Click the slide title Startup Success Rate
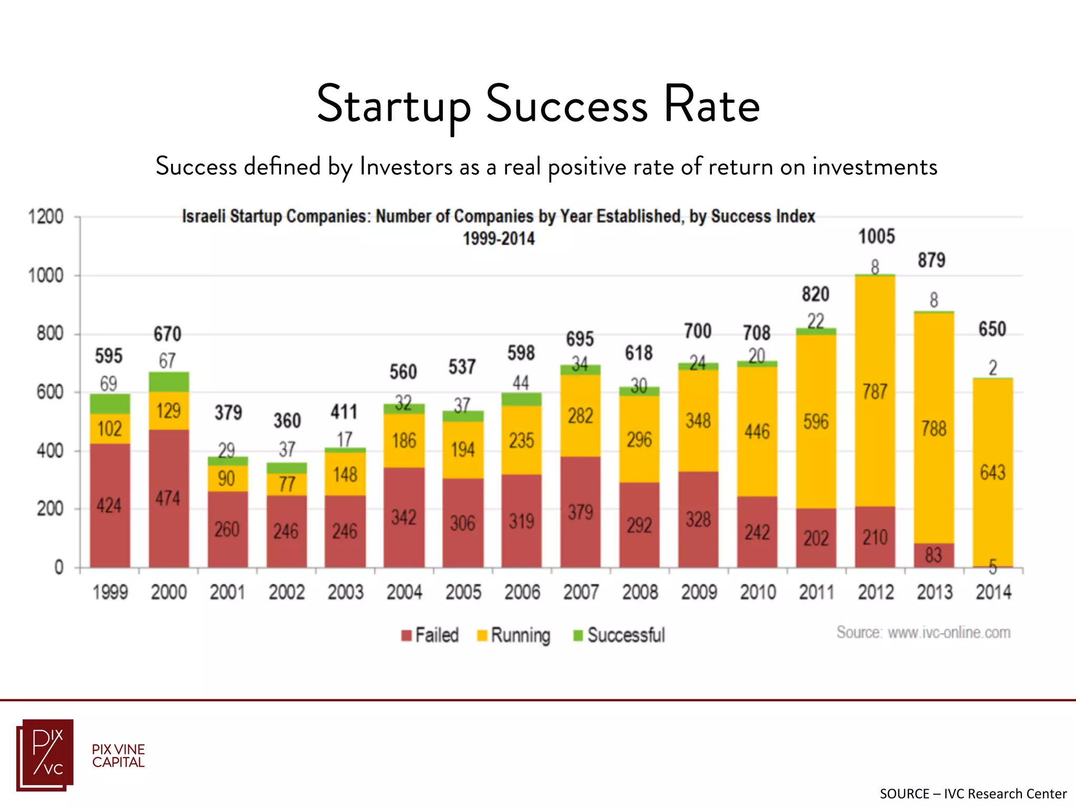[538, 105]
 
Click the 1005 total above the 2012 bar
[876, 236]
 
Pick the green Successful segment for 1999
[110, 403]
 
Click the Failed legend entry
[430, 635]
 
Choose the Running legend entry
[514, 635]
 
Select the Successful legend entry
[620, 635]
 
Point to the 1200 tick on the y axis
[46, 216]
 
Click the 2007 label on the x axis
[581, 592]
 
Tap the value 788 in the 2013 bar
[934, 429]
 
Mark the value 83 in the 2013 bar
[933, 555]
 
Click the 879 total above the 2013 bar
[931, 260]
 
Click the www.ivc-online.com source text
[923, 632]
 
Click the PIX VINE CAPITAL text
[118, 756]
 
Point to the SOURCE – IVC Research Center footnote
[973, 793]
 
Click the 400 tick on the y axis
[49, 451]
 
